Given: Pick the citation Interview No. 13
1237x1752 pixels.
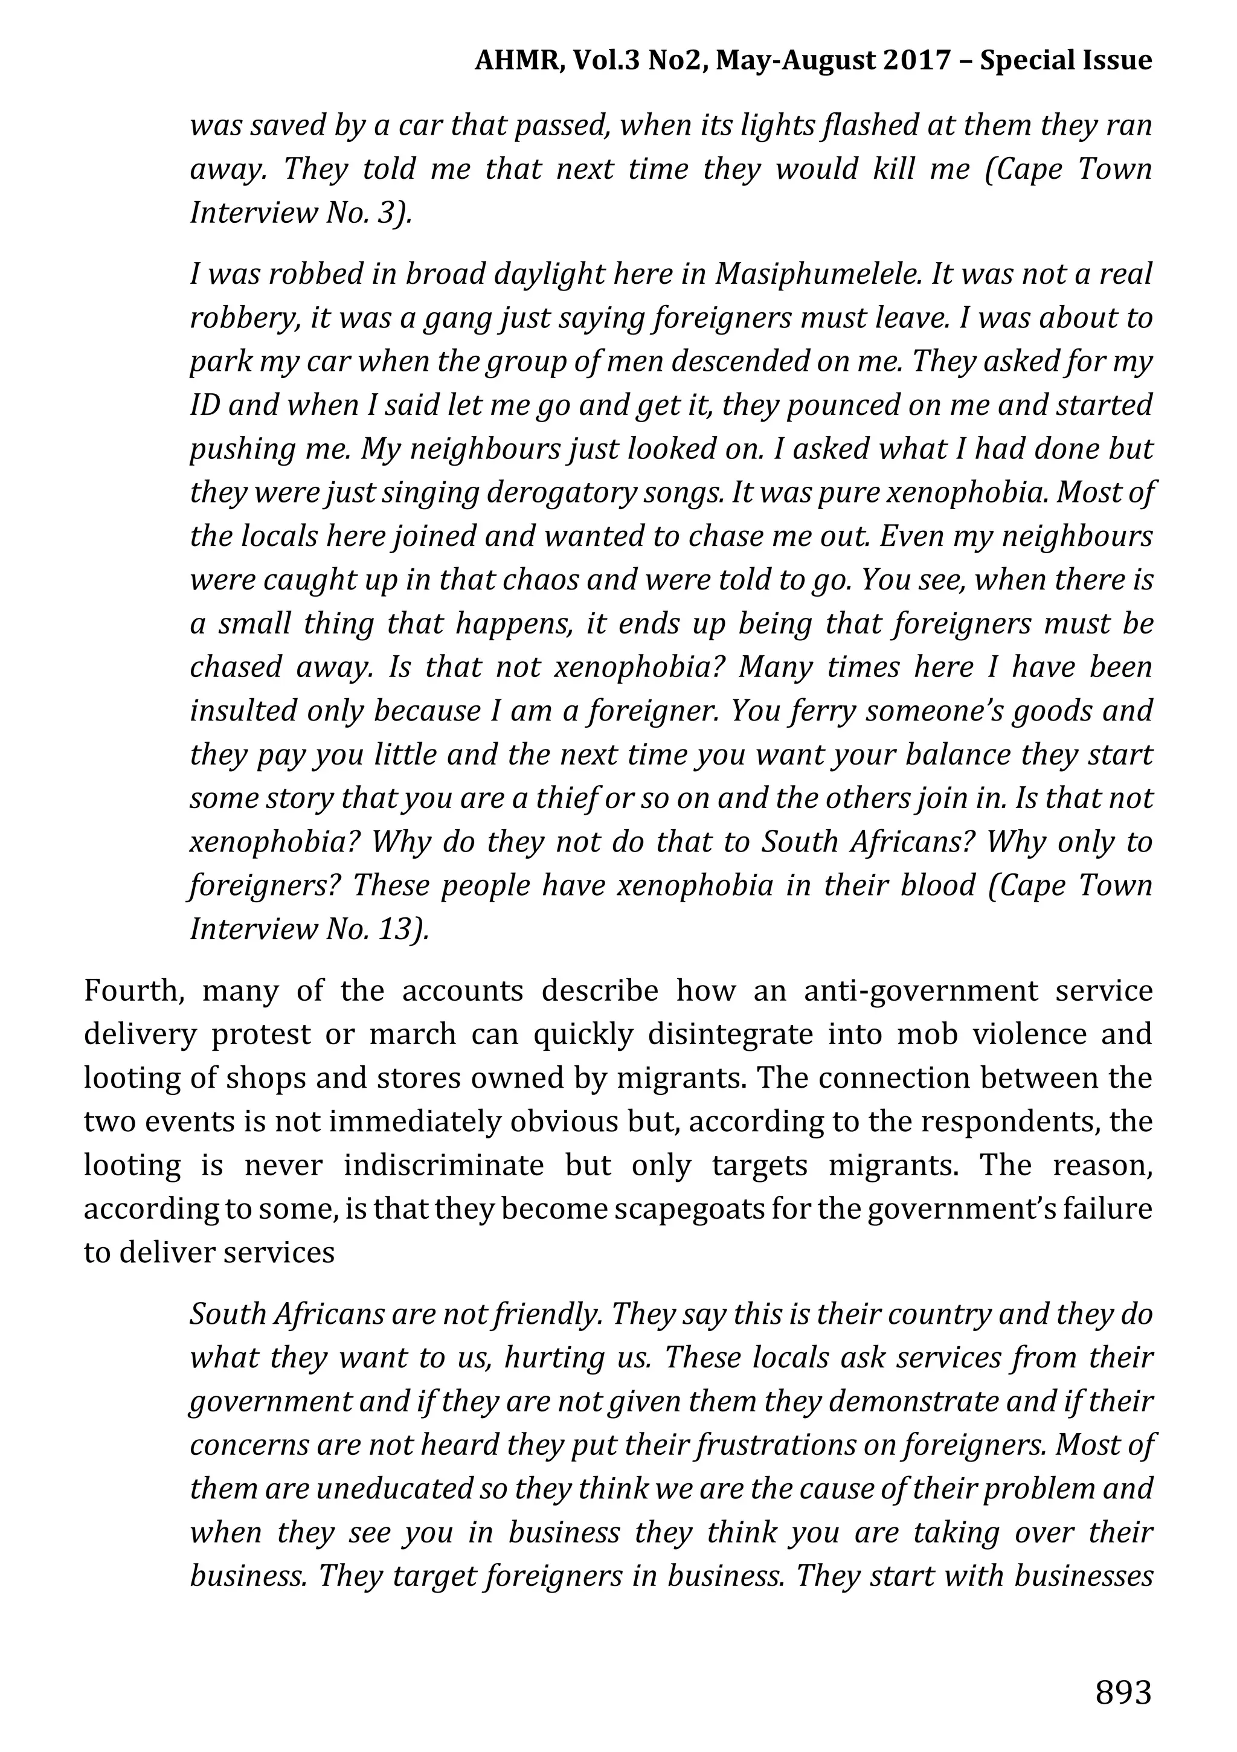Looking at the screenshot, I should [x=309, y=929].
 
